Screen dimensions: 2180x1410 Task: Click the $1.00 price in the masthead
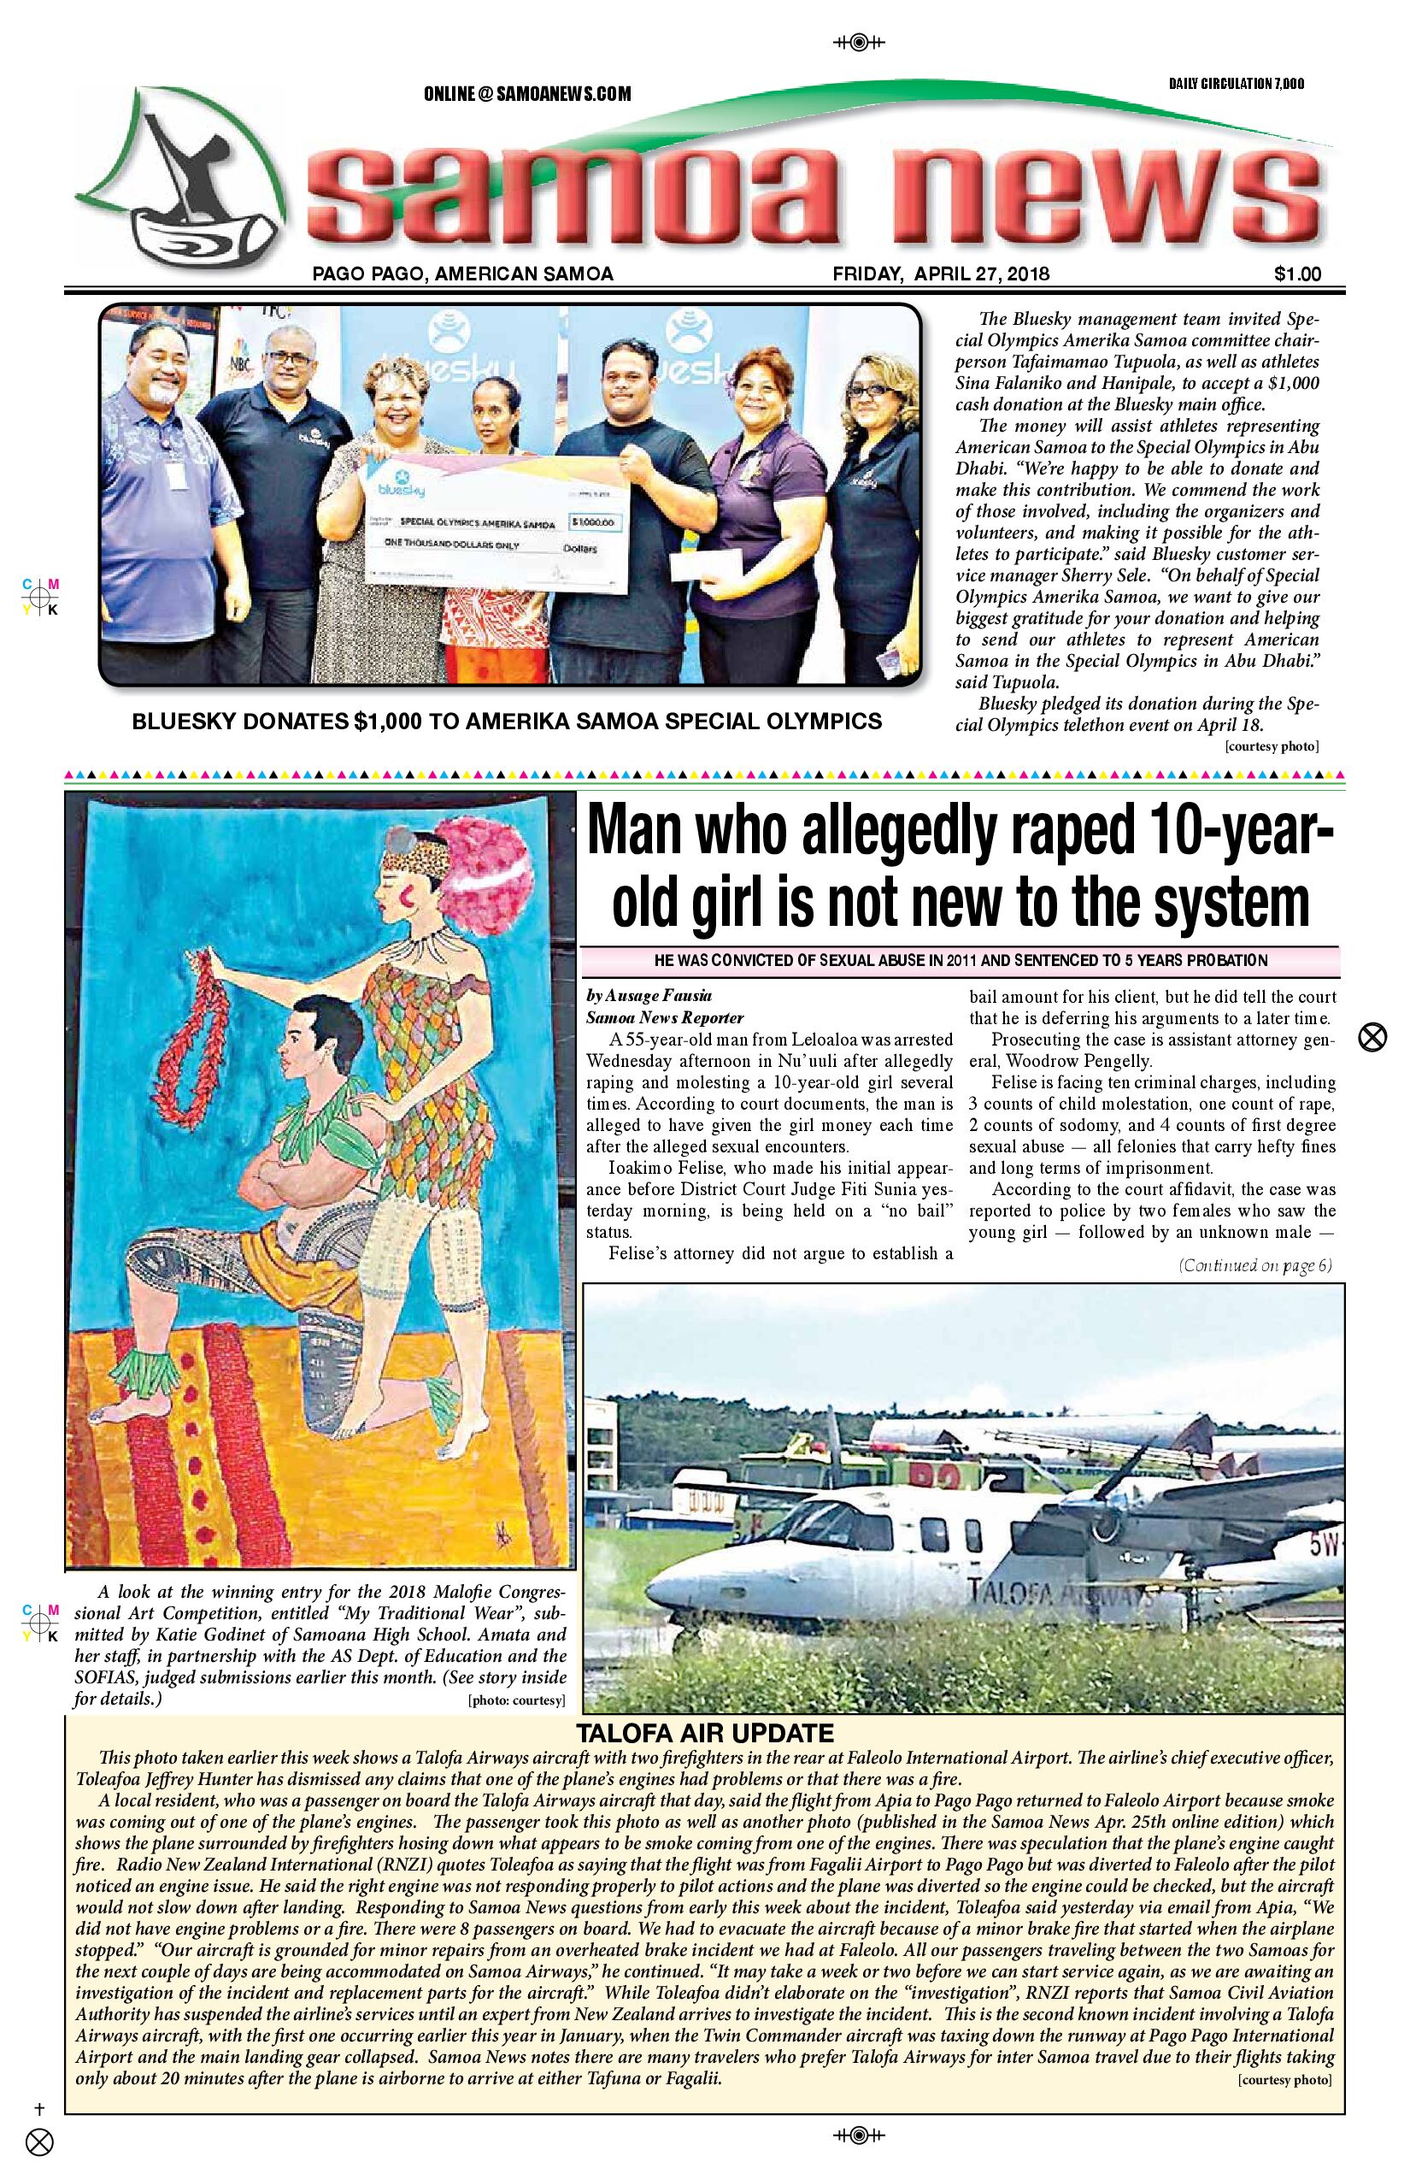[x=1296, y=273]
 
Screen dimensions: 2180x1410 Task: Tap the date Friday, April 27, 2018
[x=941, y=273]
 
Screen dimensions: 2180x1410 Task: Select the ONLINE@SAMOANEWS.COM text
[x=527, y=93]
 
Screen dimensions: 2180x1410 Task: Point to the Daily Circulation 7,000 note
[x=1236, y=85]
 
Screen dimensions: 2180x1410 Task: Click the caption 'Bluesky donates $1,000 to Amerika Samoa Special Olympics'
[x=508, y=721]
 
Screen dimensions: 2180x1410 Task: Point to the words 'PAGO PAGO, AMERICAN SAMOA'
[x=462, y=273]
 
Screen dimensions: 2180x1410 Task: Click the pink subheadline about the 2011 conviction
[x=961, y=961]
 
